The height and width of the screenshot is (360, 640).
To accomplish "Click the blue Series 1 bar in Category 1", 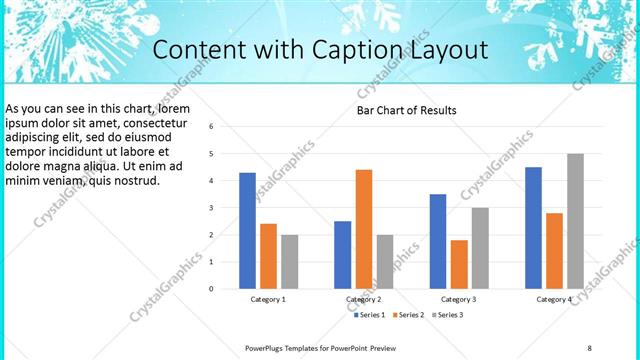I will [247, 231].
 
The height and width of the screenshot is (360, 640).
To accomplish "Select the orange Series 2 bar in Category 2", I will [363, 229].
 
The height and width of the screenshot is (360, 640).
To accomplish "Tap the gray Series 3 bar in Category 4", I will [575, 221].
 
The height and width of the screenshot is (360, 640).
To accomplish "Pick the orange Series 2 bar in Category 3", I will [459, 264].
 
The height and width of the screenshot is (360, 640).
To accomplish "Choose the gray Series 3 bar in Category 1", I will [289, 262].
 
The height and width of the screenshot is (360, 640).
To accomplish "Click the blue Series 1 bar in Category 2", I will [342, 255].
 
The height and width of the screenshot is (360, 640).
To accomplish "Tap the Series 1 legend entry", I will [372, 315].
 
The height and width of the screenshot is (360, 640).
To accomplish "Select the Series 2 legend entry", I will [411, 315].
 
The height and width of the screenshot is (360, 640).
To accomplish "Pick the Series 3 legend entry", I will [449, 315].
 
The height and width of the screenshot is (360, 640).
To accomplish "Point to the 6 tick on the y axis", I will [211, 127].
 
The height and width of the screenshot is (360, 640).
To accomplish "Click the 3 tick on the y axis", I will [211, 208].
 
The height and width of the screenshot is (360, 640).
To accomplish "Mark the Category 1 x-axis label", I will [268, 299].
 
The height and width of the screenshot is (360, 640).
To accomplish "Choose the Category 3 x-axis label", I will [459, 299].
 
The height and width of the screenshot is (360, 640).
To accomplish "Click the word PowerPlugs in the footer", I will [265, 347].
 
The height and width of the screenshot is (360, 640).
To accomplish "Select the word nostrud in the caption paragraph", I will [136, 180].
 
